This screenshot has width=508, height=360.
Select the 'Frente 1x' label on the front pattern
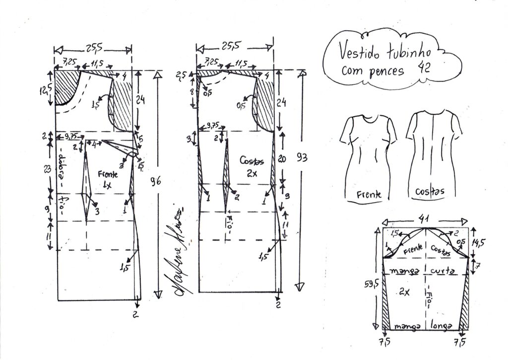(x=107, y=179)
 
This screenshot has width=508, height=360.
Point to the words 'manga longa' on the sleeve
(x=426, y=326)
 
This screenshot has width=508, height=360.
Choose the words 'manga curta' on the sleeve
(x=426, y=271)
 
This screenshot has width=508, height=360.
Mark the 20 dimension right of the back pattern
(x=282, y=159)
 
